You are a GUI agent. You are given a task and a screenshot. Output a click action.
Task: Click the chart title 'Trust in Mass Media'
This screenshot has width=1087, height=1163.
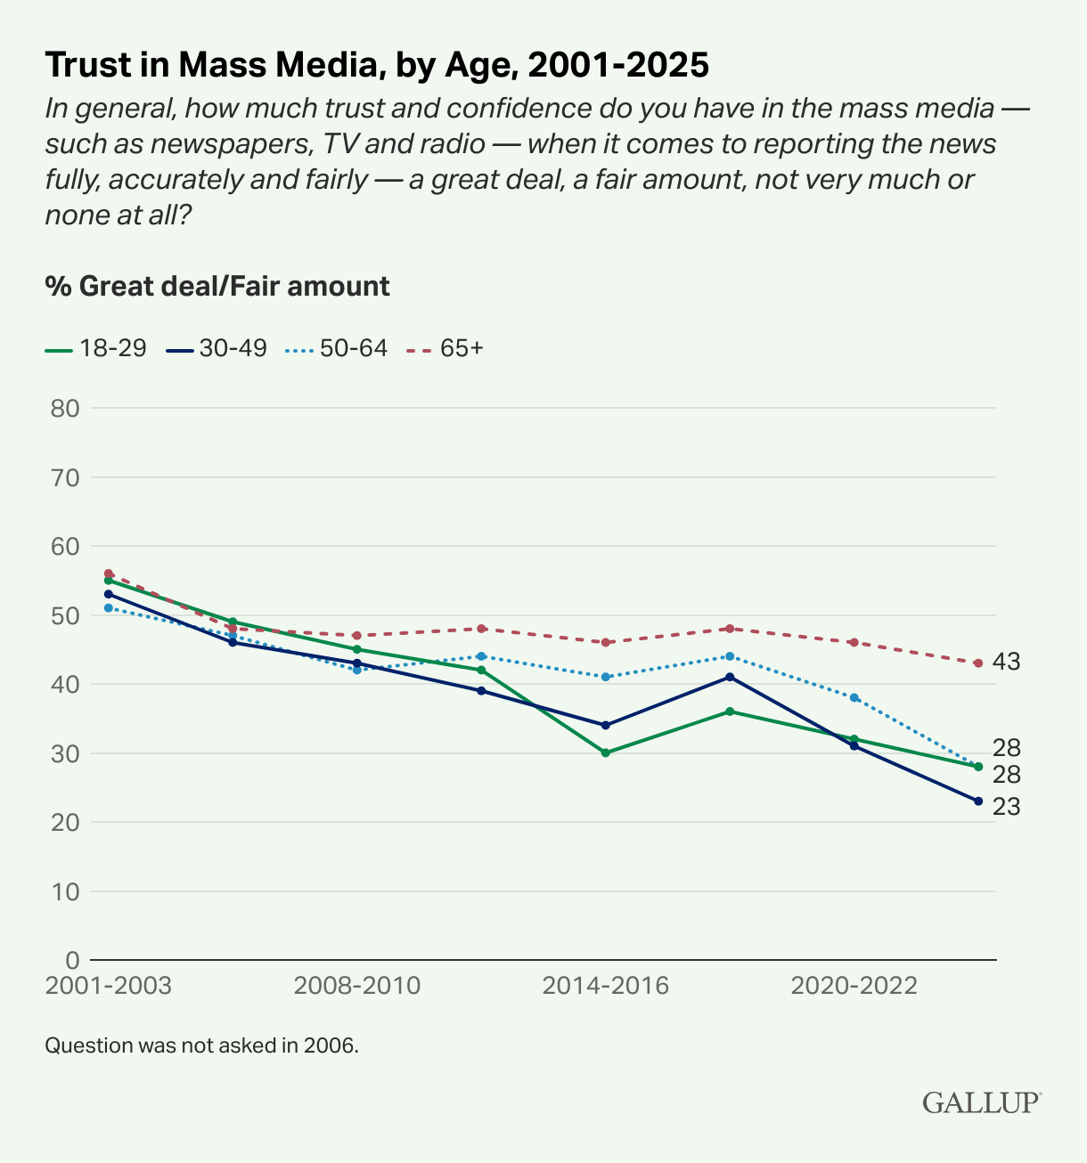377,65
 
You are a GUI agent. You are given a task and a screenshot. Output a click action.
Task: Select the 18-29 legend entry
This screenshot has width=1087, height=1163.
95,348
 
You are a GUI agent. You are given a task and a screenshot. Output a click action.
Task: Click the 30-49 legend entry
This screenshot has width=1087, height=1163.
217,348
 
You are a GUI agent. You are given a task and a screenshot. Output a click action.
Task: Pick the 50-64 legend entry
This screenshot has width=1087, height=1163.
337,348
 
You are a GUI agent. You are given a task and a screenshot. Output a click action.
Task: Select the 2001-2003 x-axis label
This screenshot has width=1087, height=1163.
108,986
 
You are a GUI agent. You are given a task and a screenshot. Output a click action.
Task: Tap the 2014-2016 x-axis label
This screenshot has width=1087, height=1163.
606,986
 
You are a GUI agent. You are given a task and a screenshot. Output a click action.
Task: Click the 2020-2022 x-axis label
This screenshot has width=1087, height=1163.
854,986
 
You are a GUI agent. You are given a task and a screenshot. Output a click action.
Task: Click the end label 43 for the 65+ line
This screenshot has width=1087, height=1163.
1007,662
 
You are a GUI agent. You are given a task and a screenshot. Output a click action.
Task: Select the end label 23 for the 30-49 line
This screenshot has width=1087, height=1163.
1007,807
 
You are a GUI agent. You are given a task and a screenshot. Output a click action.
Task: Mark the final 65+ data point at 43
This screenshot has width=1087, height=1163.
978,663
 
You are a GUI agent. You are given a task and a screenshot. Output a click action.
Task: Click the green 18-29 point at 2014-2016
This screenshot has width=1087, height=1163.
606,752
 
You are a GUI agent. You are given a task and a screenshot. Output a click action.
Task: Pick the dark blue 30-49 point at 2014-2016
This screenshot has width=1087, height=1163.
606,725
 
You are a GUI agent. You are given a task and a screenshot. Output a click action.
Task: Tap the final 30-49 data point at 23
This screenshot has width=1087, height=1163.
978,801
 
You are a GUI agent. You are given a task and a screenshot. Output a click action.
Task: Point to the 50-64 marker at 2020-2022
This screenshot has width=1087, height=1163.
854,697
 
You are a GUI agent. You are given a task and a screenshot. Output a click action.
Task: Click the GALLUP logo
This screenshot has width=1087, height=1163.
981,1102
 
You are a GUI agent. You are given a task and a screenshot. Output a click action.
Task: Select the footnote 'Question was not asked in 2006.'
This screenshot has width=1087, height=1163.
201,1045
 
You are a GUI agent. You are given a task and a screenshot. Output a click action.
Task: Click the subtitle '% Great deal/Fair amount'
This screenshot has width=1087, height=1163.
217,286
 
